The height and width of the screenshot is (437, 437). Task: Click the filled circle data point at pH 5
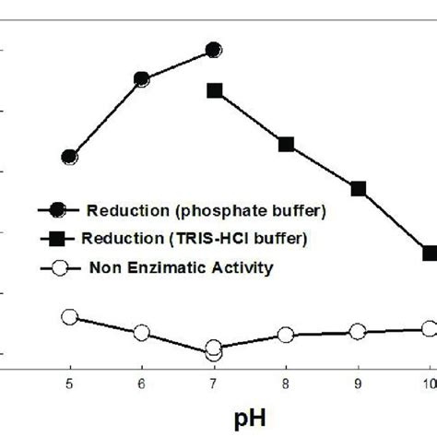pos(70,157)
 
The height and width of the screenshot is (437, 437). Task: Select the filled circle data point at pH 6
pos(142,78)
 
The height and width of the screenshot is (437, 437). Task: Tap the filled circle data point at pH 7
pos(214,50)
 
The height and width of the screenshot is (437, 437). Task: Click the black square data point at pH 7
pos(214,90)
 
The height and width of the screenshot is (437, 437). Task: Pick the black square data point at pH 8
pos(286,144)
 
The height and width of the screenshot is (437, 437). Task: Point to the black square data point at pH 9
pos(358,188)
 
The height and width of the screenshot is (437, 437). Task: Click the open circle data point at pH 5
pos(70,317)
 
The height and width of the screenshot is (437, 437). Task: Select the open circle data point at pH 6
pos(142,332)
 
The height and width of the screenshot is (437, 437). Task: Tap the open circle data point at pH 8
pos(286,335)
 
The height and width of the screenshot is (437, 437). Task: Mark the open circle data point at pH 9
pos(358,331)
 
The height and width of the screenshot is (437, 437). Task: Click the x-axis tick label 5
pos(70,384)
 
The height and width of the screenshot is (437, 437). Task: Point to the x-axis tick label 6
pos(142,384)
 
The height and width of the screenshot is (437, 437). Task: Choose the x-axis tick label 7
pos(214,384)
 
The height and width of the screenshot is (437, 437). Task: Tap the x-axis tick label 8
pos(286,384)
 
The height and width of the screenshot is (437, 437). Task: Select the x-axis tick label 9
pos(358,384)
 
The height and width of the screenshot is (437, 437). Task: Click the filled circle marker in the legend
pos(60,209)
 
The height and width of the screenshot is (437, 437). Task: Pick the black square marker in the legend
pos(60,238)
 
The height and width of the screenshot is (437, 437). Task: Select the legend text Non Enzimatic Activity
pos(182,268)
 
